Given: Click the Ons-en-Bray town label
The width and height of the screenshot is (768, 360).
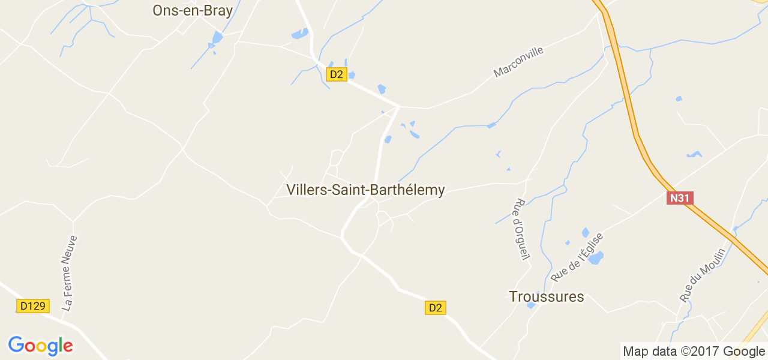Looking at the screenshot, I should coord(192,10).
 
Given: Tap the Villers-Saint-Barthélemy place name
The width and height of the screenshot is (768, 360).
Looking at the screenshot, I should coord(365,190).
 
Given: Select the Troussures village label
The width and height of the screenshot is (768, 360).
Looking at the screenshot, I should coord(546,296).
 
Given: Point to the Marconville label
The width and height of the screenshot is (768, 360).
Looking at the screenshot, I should coord(518,62).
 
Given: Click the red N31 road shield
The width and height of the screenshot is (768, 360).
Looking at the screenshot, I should coord(680,198).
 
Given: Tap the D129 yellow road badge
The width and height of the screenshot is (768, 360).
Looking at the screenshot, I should coord(32,306).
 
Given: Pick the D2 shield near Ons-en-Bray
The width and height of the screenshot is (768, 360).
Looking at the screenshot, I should coord(337,74).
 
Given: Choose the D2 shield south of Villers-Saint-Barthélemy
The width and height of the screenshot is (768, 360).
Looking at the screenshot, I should coord(436,308).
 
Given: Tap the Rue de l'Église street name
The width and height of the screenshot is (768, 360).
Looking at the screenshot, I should coord(577,257).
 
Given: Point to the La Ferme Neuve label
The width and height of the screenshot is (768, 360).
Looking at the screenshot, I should coord(70,273).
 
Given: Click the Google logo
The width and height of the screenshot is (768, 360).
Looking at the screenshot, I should coord(40,346).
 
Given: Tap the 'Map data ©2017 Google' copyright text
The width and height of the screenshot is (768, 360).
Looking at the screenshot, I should coord(693,352).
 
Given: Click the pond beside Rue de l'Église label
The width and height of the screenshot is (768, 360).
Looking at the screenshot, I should coord(595,258).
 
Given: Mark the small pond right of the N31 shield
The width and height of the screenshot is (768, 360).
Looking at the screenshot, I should coord(694,155).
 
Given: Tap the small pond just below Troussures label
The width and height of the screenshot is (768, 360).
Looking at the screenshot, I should coord(531,305).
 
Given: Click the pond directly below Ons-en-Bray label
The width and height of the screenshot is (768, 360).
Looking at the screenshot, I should coord(217,38).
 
